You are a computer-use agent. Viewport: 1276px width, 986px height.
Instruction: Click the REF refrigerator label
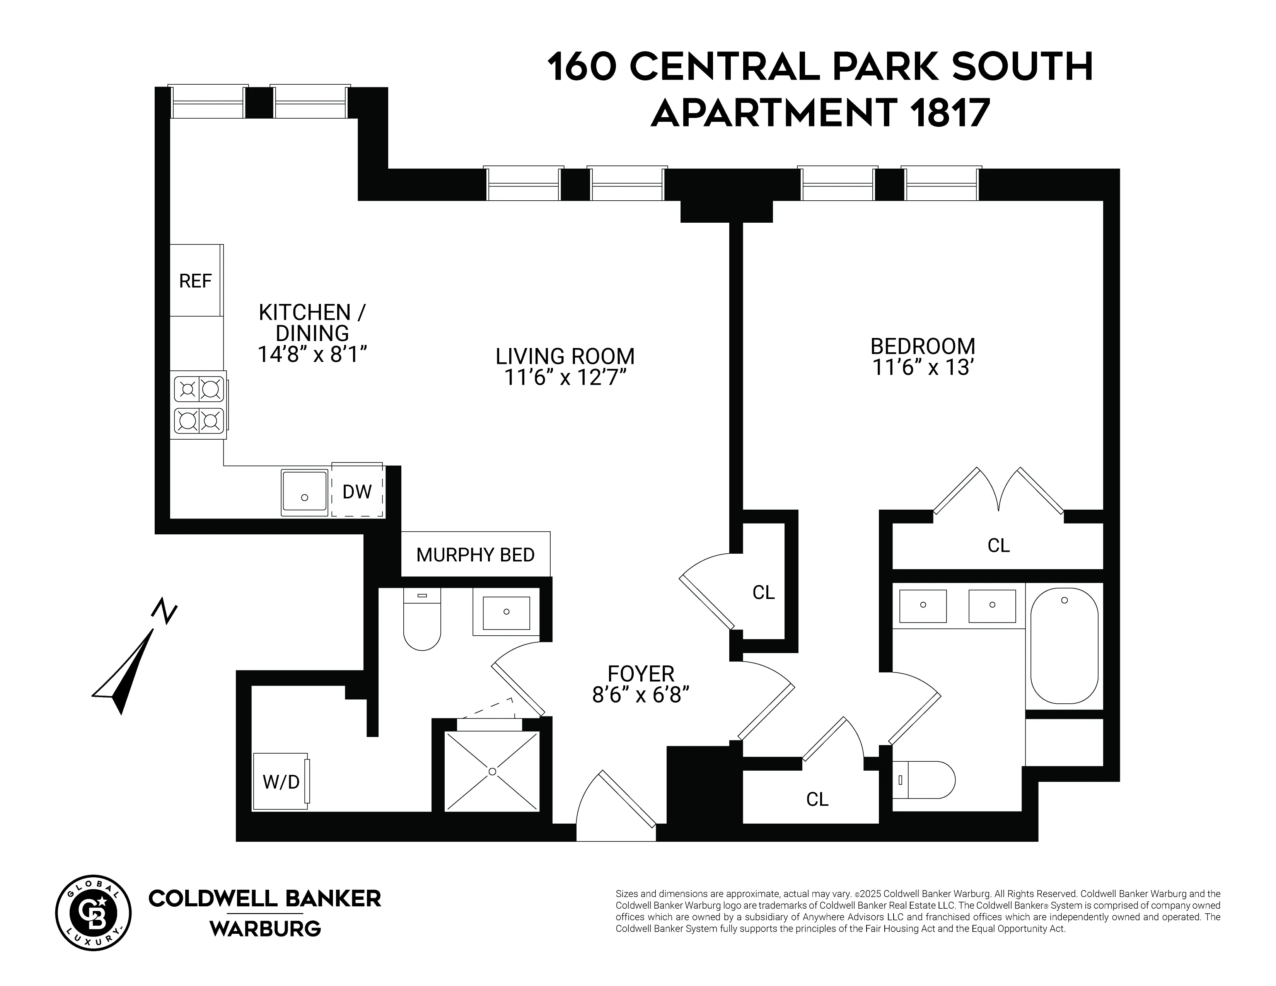[x=195, y=281]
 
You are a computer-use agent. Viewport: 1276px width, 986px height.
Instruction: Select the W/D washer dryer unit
[x=281, y=781]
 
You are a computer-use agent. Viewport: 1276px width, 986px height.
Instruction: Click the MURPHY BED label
[x=475, y=554]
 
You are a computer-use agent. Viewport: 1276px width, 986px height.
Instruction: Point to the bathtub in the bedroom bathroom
[x=1064, y=645]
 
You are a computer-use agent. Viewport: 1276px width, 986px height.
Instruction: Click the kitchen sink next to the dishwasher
[x=304, y=492]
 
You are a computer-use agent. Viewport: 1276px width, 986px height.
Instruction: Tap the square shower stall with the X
[x=492, y=771]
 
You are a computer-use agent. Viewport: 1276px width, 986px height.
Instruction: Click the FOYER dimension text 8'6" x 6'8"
[x=641, y=695]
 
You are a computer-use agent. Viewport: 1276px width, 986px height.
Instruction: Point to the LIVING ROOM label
[x=565, y=357]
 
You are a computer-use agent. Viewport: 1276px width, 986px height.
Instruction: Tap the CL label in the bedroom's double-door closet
[x=998, y=545]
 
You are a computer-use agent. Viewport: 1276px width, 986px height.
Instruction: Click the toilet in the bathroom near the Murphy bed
[x=422, y=620]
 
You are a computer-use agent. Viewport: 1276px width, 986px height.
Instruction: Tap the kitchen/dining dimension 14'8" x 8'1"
[x=312, y=354]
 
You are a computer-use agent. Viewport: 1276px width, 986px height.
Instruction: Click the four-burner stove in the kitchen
[x=199, y=405]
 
